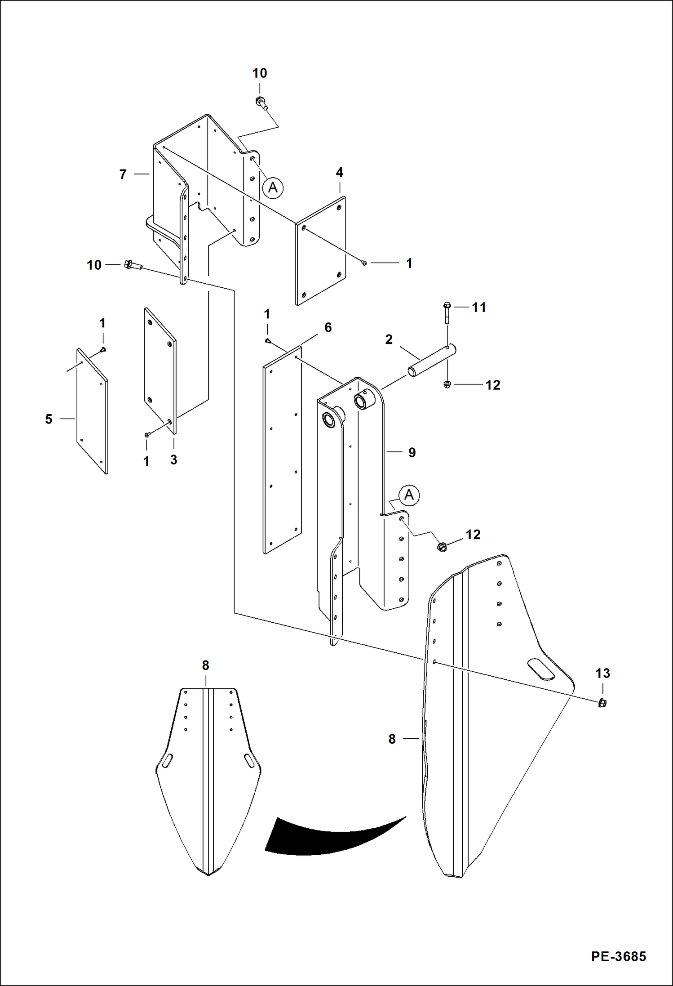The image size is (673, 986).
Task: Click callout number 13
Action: point(602,673)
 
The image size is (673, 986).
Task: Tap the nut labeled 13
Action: point(602,703)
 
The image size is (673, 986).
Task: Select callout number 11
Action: point(479,308)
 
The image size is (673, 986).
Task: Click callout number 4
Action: point(340,172)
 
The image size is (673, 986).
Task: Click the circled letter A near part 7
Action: point(273,187)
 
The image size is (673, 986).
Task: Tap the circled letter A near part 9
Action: point(409,495)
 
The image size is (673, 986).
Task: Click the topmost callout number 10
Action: point(260,73)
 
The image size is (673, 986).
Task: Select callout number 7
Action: point(123,174)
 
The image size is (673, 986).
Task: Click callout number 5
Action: point(49,419)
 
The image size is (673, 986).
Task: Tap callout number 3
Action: point(173,460)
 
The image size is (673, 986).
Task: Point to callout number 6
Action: point(328,328)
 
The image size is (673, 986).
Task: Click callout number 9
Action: point(412,452)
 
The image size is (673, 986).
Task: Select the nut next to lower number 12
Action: point(442,547)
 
